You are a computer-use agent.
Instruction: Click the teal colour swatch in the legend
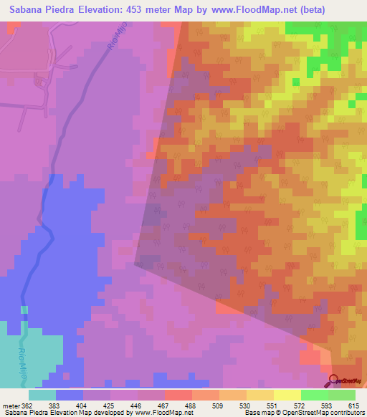click(42, 395)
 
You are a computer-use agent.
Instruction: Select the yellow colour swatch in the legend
click(287, 395)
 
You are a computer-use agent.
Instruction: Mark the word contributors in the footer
click(348, 413)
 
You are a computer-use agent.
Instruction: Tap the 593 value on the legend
click(328, 406)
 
